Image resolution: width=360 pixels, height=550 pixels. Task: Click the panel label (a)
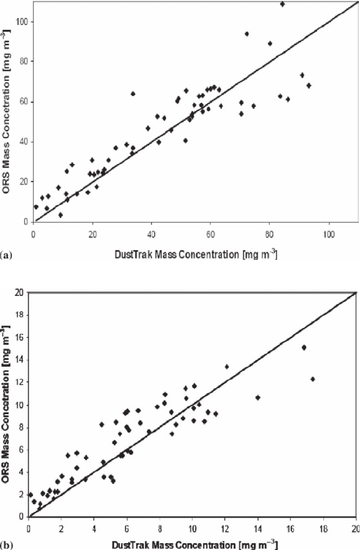[x=6, y=256]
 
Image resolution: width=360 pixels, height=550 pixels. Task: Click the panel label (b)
[x=6, y=544]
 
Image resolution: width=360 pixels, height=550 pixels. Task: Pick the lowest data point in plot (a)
[x=61, y=215]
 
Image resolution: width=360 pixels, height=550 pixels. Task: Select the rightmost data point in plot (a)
[x=309, y=85]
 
